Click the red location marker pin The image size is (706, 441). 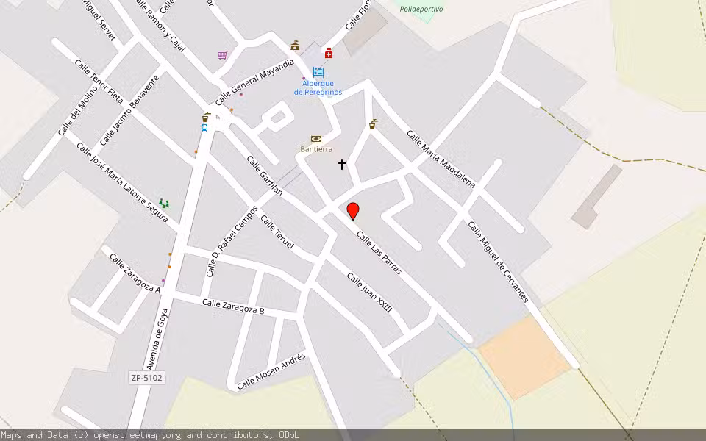point(353,211)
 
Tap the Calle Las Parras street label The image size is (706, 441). point(379,253)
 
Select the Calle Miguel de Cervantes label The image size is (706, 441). point(499,262)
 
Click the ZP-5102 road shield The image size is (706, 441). point(146,378)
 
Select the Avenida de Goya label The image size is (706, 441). point(157,339)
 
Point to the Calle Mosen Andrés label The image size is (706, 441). point(271,370)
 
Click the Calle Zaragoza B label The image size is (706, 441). point(233,306)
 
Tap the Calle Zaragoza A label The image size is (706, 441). point(135,273)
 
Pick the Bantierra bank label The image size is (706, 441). point(316,149)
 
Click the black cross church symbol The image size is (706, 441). point(342,165)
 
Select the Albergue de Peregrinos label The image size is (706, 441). point(318,87)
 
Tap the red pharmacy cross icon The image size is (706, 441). point(328,53)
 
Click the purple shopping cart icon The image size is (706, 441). point(222,55)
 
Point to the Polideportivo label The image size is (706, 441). point(421,9)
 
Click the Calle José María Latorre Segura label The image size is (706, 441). point(122,182)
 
